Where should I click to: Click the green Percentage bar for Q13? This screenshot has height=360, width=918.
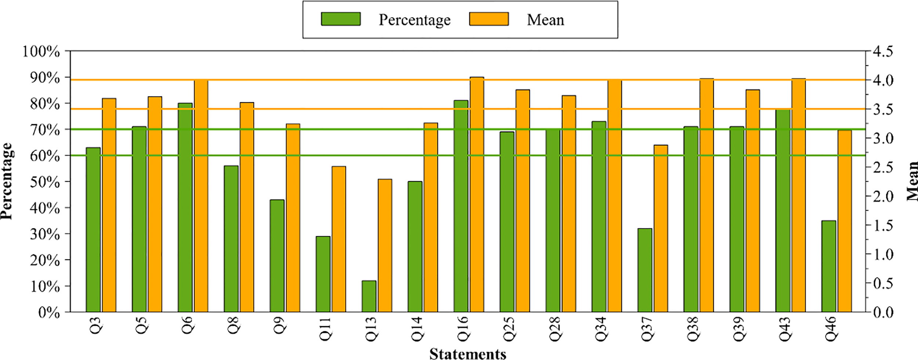coord(369,296)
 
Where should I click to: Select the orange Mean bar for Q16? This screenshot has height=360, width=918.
coord(477,195)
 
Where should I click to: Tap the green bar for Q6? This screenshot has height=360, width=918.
coord(185,208)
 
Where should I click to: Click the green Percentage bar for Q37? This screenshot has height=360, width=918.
coord(645,270)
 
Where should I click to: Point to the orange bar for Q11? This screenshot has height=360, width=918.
coord(339,239)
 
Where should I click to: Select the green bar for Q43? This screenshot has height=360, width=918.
coord(783,211)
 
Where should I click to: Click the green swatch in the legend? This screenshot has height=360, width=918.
coord(340,19)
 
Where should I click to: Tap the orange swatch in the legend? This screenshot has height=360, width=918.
coord(489,19)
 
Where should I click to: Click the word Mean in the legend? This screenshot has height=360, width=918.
coord(545,20)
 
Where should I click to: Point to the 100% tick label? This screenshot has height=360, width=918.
coord(41,51)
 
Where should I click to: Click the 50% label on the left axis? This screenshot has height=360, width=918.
coord(44,182)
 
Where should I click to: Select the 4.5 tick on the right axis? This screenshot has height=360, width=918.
coord(882,51)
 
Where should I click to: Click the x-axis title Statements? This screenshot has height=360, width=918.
coord(467,353)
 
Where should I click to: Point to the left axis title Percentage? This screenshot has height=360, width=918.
coord(7,181)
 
